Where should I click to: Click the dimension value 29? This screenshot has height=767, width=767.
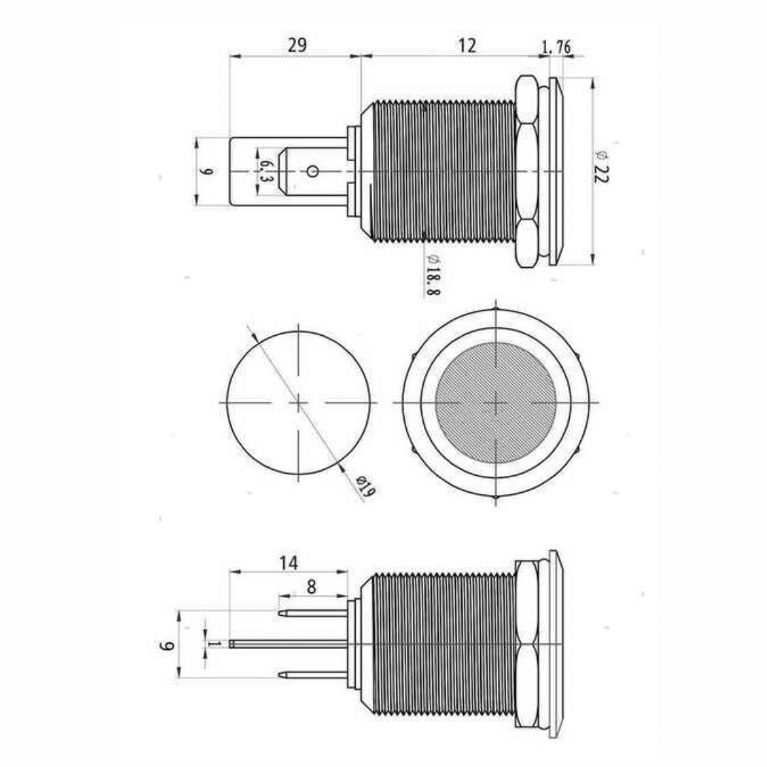[297, 45]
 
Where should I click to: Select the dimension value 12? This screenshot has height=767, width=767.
[467, 45]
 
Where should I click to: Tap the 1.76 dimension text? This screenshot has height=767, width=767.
[556, 48]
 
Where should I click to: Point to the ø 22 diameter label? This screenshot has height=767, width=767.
[602, 166]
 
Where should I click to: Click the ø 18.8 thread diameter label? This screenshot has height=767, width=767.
[433, 275]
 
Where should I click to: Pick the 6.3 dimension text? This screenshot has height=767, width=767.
[265, 171]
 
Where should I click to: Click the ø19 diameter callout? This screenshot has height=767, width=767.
[366, 486]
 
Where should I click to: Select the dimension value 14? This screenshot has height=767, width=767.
[288, 563]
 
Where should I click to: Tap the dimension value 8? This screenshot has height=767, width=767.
[312, 587]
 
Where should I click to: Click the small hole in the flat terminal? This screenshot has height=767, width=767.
[312, 171]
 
